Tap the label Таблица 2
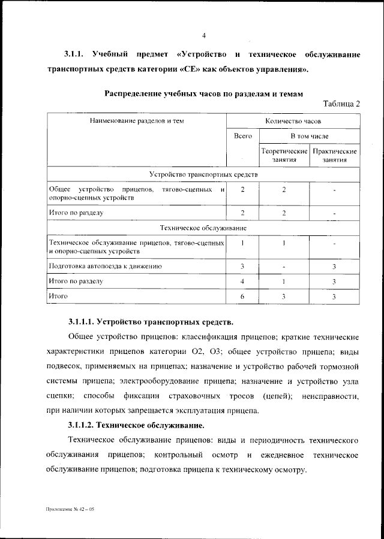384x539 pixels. pyautogui.click(x=341, y=104)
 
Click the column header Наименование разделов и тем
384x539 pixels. pyautogui.click(x=137, y=120)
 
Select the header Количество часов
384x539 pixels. pyautogui.click(x=293, y=120)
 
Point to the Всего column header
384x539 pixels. pyautogui.click(x=242, y=136)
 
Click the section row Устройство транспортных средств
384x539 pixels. pyautogui.click(x=203, y=174)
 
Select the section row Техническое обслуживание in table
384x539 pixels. pyautogui.click(x=203, y=228)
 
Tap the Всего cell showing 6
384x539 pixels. pyautogui.click(x=242, y=296)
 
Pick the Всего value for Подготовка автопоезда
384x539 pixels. pyautogui.click(x=242, y=265)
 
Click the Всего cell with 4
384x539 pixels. pyautogui.click(x=242, y=281)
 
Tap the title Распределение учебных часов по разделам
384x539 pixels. pyautogui.click(x=204, y=93)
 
